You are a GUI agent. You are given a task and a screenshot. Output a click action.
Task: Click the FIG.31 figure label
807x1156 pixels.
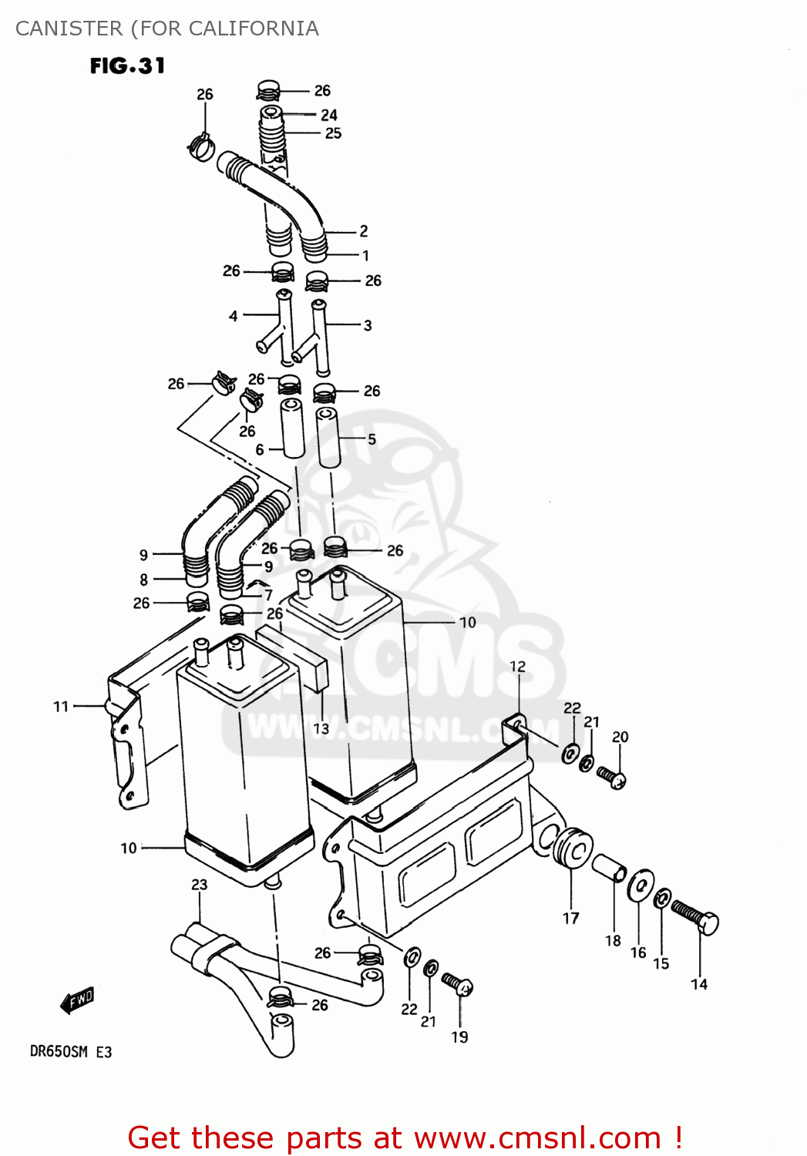pos(127,66)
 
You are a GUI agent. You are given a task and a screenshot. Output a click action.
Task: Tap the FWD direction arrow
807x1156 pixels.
pos(77,1000)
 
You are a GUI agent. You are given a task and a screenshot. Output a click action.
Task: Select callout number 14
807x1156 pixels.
pos(699,984)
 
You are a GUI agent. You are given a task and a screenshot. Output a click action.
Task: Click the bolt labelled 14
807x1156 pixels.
pos(695,917)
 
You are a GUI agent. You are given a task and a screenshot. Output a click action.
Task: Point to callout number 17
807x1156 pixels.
pos(570,918)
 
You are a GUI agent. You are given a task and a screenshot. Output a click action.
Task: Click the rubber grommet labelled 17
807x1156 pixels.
pos(573,849)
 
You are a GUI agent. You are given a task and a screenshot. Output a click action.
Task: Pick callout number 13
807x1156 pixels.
pos(321,728)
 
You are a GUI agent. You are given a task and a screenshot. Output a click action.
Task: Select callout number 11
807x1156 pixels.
pos(62,706)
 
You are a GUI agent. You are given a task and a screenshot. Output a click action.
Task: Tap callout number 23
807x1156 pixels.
pos(200,885)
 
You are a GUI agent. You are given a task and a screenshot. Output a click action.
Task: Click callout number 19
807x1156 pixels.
pos(459,1037)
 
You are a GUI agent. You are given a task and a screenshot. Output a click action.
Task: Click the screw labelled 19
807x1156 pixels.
pos(458,984)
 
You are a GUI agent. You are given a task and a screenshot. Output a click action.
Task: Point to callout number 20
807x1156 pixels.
pos(620,738)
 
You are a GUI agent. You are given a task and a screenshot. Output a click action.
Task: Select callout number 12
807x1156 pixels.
pos(518,667)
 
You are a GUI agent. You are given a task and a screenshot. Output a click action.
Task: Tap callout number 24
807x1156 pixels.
pos(329,115)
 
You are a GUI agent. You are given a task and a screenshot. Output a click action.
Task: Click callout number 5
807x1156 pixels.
pos(372,439)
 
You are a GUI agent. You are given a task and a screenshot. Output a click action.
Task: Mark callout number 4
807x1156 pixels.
pos(234,316)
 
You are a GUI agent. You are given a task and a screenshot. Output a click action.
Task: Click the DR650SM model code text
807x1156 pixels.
pos(59,1052)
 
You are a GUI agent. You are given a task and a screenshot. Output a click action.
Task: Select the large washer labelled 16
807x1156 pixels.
pos(640,886)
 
